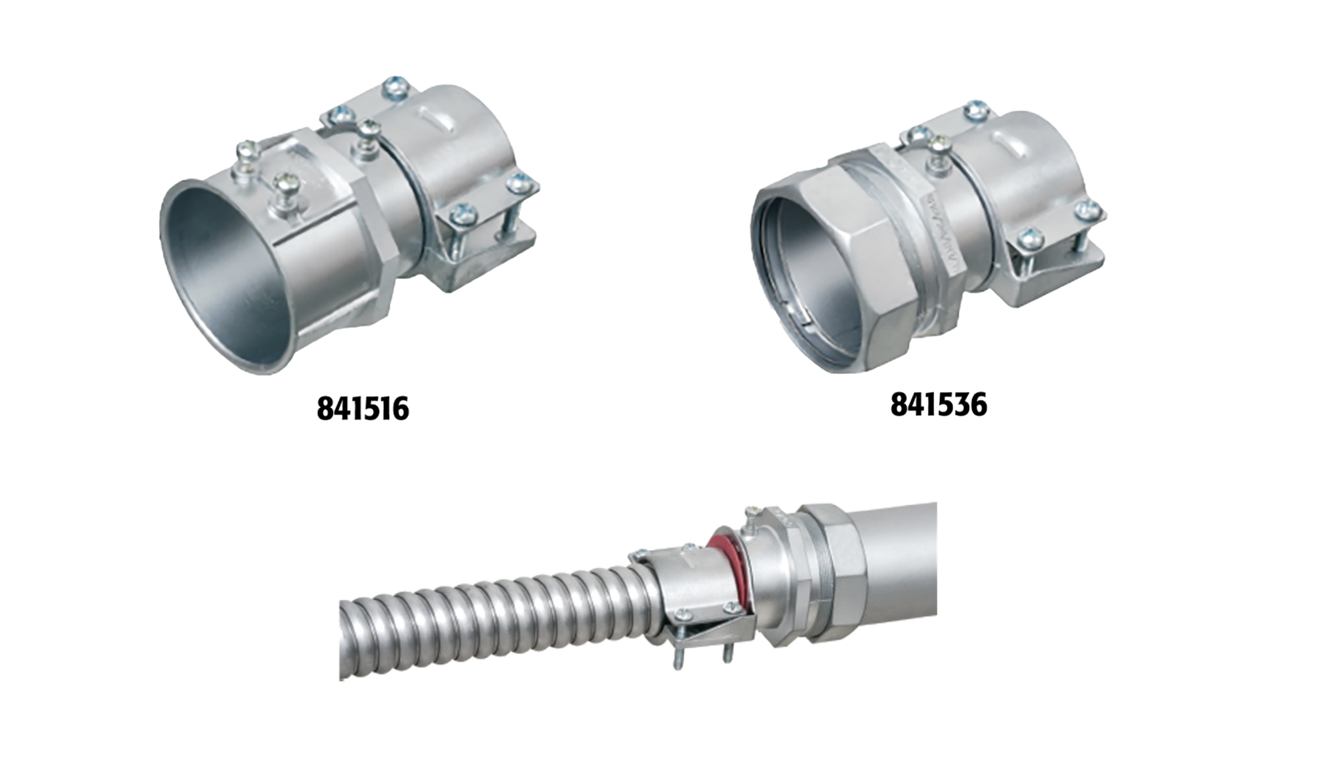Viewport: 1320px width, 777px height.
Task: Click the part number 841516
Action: tap(363, 408)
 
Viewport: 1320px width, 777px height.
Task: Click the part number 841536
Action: tap(938, 405)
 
